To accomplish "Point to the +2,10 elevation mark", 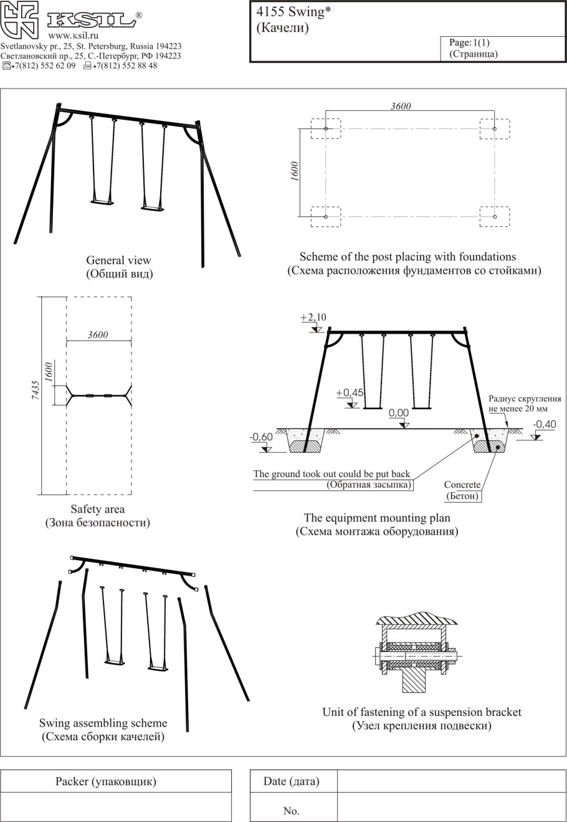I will coord(313,318).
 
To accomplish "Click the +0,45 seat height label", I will coord(349,393).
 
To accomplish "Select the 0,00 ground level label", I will coord(399,413).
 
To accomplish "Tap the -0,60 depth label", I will coord(261,437).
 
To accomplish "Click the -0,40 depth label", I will coord(545,424).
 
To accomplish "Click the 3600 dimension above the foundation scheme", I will coord(401,106).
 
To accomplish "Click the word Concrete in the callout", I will coord(462,485).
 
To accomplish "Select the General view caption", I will coord(118,261).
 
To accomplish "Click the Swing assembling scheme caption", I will coord(103,723).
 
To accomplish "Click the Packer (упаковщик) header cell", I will coord(106,781).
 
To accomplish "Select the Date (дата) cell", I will coord(292,781).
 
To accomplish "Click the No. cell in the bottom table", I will coord(292,811).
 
